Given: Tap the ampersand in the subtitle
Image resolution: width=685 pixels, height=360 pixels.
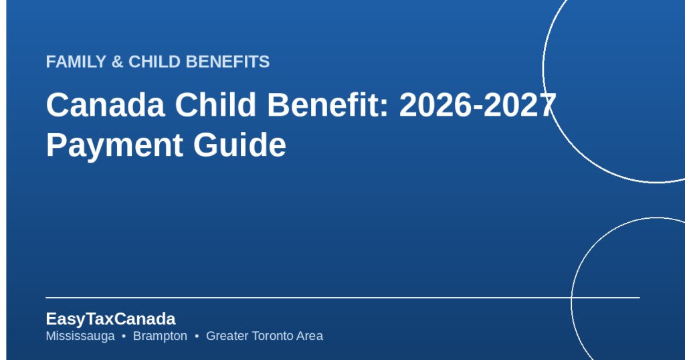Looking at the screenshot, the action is (x=117, y=62).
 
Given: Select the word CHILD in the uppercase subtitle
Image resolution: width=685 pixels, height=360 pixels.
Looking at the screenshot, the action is (x=155, y=62).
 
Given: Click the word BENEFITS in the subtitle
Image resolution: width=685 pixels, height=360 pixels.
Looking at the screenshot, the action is (x=227, y=62).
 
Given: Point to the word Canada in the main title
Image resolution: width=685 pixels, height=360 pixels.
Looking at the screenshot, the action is (x=105, y=105).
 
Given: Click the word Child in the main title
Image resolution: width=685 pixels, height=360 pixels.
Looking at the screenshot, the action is (x=215, y=105).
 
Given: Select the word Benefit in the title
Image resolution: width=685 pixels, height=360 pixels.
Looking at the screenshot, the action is (x=323, y=105).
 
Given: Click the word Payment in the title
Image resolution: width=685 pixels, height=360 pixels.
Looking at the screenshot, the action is (x=114, y=145).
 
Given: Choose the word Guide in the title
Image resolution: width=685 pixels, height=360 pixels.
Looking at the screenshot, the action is (x=239, y=145).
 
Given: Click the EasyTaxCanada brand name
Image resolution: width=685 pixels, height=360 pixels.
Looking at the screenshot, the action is (x=110, y=319).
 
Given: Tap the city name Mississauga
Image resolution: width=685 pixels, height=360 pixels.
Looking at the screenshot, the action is (x=80, y=336).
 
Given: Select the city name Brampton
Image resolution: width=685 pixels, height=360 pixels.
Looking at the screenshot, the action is (x=160, y=336).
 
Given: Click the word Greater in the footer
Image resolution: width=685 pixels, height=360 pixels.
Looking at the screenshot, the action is (x=227, y=336).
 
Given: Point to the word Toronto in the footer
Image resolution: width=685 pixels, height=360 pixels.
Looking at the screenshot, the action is (x=272, y=336).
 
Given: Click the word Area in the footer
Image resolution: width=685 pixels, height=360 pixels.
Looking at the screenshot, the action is (x=309, y=336).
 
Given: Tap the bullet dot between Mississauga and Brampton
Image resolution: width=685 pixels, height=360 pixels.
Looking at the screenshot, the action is (x=124, y=337).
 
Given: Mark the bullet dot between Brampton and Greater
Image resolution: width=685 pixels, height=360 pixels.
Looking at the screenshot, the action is (x=197, y=337).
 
